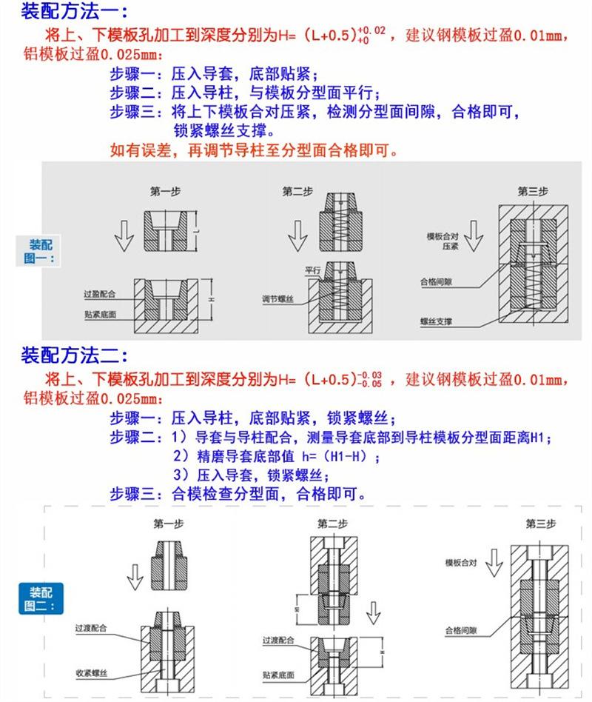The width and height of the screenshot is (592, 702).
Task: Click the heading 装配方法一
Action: click(x=71, y=12)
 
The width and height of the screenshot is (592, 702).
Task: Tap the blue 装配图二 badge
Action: click(x=41, y=598)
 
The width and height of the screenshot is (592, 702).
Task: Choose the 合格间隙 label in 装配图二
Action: click(x=462, y=632)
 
